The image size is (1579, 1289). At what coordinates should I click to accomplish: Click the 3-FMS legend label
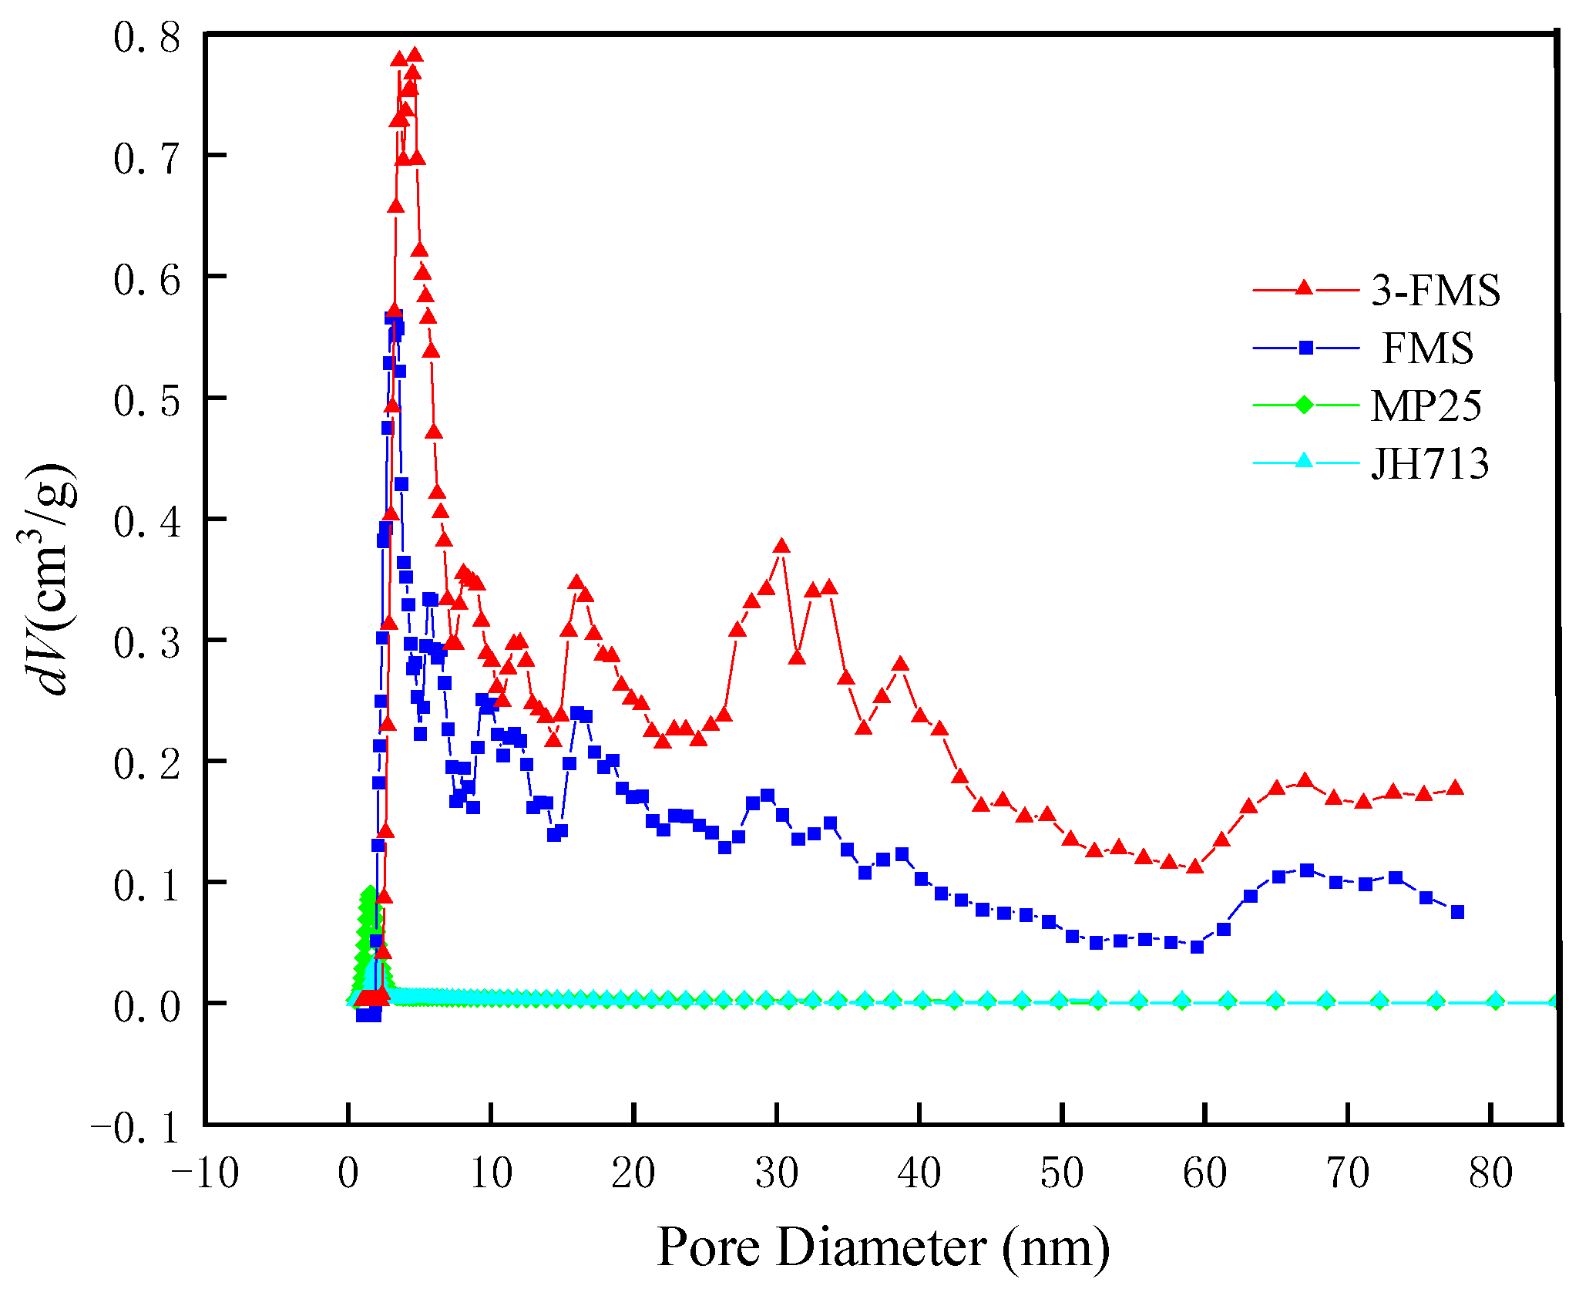tap(1435, 291)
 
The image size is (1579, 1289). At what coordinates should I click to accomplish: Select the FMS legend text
tap(1427, 348)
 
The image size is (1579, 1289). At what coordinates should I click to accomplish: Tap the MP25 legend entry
tap(1426, 406)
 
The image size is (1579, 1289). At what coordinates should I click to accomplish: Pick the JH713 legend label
tap(1429, 463)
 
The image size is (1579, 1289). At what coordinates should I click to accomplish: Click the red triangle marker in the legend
tap(1304, 288)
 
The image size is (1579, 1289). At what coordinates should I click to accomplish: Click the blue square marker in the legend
tap(1305, 348)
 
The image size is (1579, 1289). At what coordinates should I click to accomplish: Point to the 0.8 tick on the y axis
tap(146, 37)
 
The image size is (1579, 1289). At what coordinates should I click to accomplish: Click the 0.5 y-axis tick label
tap(146, 400)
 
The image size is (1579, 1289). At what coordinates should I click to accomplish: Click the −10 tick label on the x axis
tap(205, 1174)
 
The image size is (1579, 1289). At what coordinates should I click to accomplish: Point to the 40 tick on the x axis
tap(919, 1174)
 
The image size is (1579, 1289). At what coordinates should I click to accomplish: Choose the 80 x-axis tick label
tap(1490, 1174)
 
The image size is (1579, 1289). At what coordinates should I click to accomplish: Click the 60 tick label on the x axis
tap(1204, 1174)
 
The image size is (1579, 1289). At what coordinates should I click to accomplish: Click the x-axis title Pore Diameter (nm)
tap(883, 1247)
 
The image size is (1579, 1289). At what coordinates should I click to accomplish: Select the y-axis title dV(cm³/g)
tap(48, 578)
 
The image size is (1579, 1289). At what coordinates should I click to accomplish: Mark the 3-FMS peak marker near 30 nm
tap(781, 547)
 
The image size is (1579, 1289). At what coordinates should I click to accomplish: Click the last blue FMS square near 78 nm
tap(1456, 912)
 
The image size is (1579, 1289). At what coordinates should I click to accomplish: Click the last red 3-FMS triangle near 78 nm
tap(1455, 788)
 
